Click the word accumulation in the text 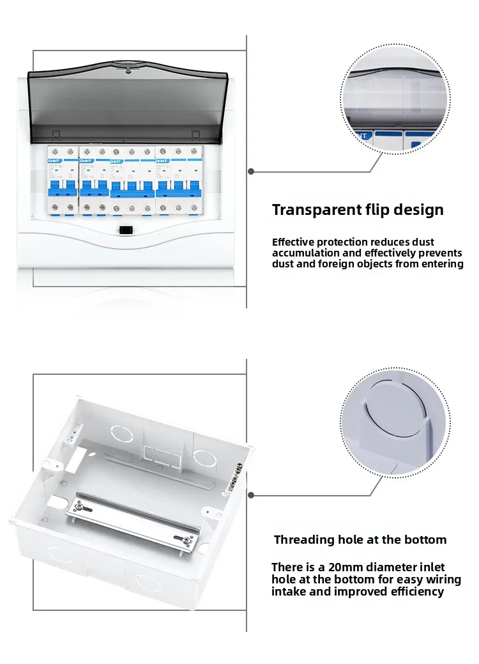(x=309, y=253)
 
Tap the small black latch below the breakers (x=126, y=230)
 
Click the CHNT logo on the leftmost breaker (x=52, y=161)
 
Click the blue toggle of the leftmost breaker (x=52, y=187)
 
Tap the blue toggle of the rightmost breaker (x=181, y=187)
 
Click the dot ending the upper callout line (x=251, y=171)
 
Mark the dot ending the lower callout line (x=251, y=495)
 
